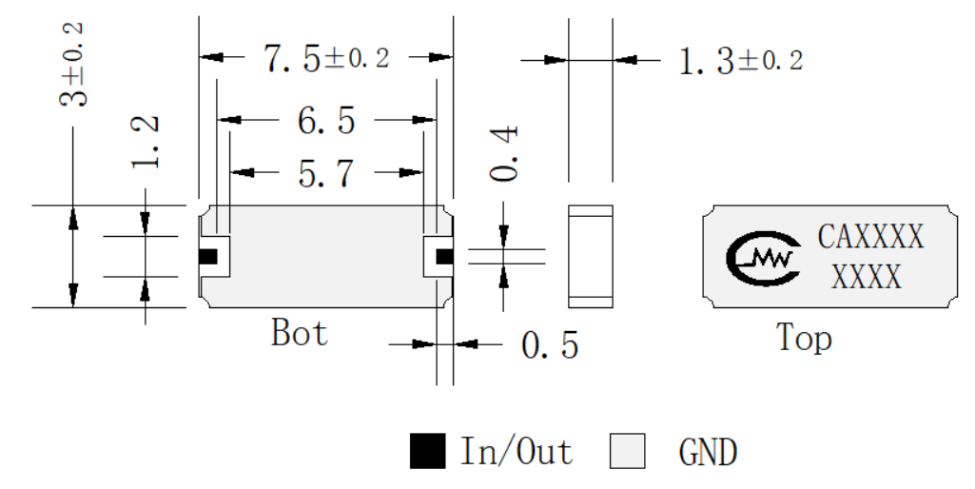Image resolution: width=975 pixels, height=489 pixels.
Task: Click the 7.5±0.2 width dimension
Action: pos(327,58)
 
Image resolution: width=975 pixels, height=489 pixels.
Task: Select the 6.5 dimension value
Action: pos(326,120)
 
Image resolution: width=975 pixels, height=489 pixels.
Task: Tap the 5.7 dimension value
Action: pos(326,173)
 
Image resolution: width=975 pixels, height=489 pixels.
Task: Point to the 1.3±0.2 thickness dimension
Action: pos(741,61)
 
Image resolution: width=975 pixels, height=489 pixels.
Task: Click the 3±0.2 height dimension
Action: pos(73,65)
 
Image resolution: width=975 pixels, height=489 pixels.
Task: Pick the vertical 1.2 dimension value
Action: pos(146,143)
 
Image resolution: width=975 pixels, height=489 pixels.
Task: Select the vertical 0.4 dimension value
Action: pos(503,154)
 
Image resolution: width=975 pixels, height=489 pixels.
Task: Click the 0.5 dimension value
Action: pos(550,345)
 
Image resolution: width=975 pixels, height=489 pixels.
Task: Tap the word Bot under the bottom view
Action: pos(299,332)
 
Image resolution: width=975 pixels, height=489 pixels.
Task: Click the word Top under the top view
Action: pos(804,339)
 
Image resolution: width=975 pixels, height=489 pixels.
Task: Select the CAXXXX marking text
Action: pos(870,236)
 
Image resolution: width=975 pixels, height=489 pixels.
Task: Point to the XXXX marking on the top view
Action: pos(867,276)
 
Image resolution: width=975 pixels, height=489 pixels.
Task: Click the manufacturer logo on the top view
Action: pos(763,257)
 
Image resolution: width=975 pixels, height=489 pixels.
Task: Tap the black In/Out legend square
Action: pos(428,450)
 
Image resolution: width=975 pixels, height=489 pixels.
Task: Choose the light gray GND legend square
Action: pos(628,450)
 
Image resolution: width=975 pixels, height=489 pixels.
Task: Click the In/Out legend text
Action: pos(517,451)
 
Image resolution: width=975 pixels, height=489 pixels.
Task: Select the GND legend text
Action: pos(709,452)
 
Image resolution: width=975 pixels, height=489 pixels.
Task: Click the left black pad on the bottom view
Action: pos(208,256)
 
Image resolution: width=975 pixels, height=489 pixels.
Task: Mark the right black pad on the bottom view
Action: pos(444,256)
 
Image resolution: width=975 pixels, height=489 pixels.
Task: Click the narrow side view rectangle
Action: pos(591,256)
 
